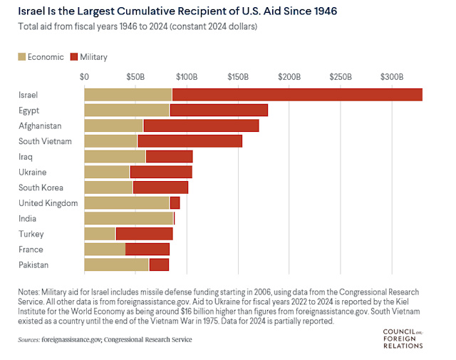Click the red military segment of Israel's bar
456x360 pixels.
pos(297,95)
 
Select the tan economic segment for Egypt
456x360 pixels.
pos(127,110)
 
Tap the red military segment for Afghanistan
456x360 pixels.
pos(201,125)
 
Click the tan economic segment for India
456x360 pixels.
pos(128,218)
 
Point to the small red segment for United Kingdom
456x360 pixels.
pos(175,203)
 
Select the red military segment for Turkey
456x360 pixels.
pos(144,234)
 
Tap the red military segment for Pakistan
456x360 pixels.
pos(159,264)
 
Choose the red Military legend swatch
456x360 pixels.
pos(74,57)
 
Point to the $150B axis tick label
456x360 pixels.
pos(237,76)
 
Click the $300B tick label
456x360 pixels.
pos(391,76)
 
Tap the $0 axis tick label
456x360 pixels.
pos(85,76)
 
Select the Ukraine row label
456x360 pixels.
pos(32,172)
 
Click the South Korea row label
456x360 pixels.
pos(41,187)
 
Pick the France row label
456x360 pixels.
pos(31,250)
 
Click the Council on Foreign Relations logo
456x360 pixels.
pos(403,338)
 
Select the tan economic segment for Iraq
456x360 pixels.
pos(115,156)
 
